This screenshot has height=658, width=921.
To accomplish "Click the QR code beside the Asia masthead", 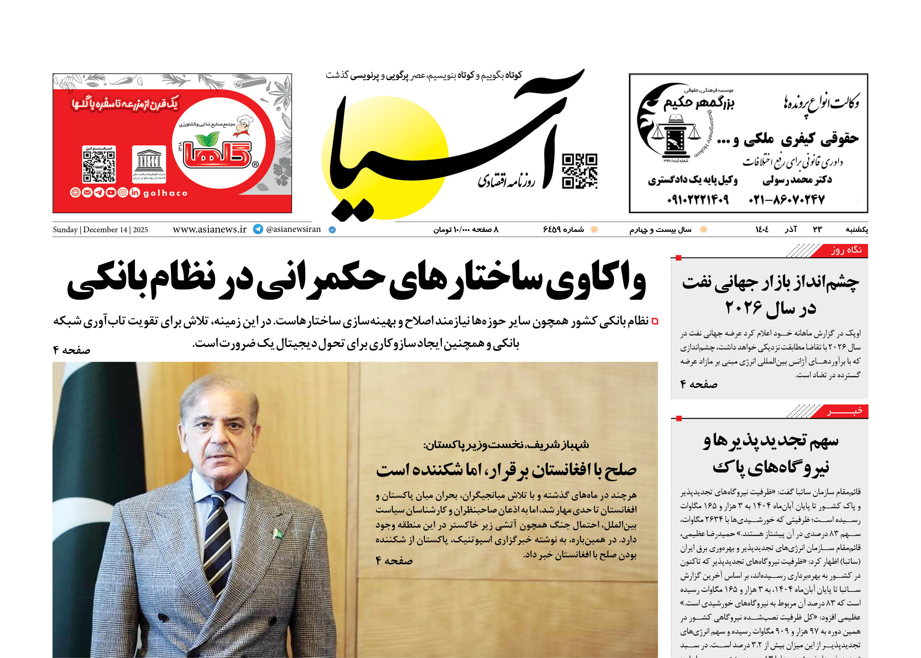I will (579, 171).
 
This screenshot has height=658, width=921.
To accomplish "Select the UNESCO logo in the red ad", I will (149, 164).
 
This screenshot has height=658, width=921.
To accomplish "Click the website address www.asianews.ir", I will (210, 229).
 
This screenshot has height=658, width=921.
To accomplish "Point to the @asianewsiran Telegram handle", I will (293, 229).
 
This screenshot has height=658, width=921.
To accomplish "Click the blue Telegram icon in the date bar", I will (258, 229).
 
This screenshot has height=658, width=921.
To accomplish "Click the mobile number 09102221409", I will (697, 200).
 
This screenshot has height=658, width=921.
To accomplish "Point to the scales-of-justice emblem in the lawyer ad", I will (676, 136).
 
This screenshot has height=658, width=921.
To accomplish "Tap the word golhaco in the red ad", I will (165, 193).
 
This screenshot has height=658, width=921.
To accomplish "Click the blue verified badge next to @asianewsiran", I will (332, 230).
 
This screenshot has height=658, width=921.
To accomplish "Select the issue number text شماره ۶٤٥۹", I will (563, 230).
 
